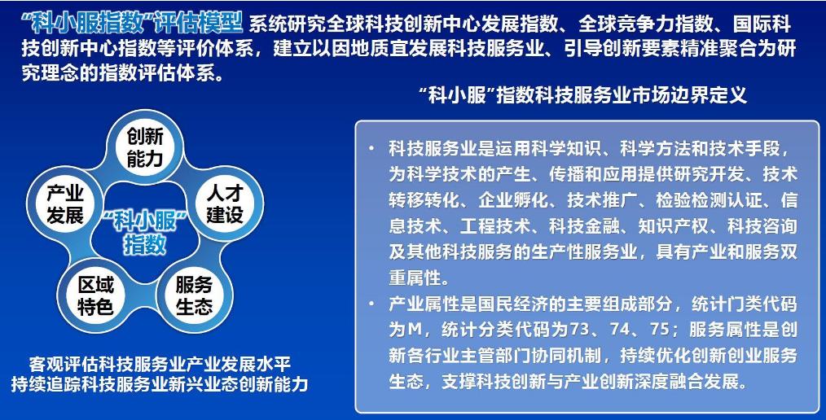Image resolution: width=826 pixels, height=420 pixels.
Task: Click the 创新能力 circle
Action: tap(145, 147)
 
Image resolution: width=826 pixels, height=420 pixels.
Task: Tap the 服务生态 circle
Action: tap(194, 295)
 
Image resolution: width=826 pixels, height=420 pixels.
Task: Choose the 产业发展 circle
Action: tap(65, 203)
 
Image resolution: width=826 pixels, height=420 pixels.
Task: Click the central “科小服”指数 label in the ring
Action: tap(145, 231)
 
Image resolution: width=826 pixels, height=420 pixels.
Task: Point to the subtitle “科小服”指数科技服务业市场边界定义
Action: tap(587, 95)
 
